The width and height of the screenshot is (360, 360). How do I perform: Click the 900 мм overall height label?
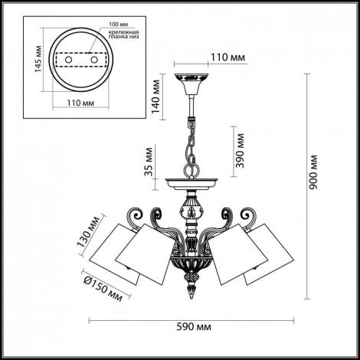313,172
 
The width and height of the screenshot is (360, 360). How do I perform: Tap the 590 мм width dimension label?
194,327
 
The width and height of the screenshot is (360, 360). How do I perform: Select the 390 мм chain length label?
240,151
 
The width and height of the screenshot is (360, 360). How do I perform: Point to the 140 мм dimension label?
155,97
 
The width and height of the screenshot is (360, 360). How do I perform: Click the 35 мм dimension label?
149,162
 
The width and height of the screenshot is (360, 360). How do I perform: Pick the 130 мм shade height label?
88,231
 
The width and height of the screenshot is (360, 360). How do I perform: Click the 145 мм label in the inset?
38,59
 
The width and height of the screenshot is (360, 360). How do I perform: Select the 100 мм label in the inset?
119,25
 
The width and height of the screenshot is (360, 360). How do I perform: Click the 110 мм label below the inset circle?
80,103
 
